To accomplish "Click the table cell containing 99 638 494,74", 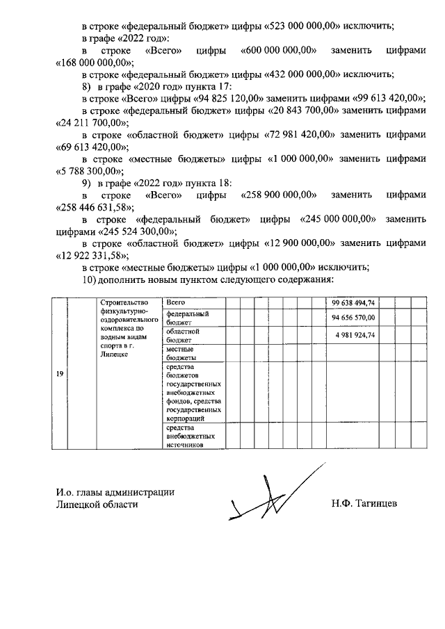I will click(x=353, y=303).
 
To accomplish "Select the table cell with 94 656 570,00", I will click(x=353, y=318).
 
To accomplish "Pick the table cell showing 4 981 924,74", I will click(x=353, y=335).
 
